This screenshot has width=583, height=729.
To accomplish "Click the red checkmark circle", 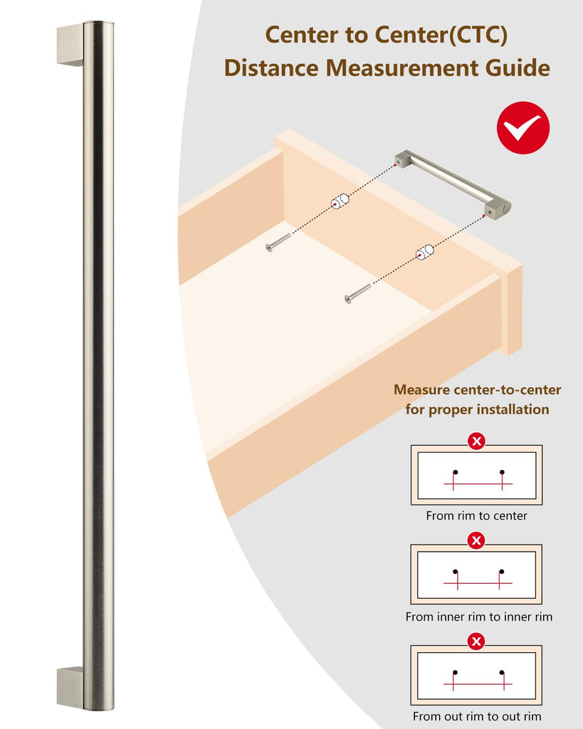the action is tap(523, 128).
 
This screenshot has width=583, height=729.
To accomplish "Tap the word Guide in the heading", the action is tap(518, 68).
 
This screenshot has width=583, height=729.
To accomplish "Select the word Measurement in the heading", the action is tap(401, 68).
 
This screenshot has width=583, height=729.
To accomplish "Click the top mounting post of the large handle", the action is tap(70, 45).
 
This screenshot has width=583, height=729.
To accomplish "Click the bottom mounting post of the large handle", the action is tap(70, 688).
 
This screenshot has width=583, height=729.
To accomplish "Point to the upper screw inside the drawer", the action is tap(278, 242).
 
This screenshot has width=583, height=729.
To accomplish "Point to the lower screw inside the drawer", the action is tap(357, 294).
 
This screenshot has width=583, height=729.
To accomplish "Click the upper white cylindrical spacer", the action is tap(340, 201).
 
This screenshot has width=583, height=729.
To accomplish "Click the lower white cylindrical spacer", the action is tap(424, 251).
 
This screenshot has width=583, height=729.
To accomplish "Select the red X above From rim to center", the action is tap(476, 441).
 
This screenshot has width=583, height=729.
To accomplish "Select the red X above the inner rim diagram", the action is tap(476, 540).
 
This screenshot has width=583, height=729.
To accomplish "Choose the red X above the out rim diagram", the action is tap(476, 641).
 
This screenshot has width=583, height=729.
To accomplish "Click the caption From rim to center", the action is tap(476, 515).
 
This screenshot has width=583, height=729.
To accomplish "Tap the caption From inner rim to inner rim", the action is tap(479, 617).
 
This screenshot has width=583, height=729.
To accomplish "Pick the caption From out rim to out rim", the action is tap(477, 716).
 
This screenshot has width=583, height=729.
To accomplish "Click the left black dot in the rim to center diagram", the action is tap(455, 473).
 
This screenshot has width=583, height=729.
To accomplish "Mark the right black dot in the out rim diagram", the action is tap(502, 672).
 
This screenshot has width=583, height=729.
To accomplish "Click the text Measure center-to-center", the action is tap(477, 389).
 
